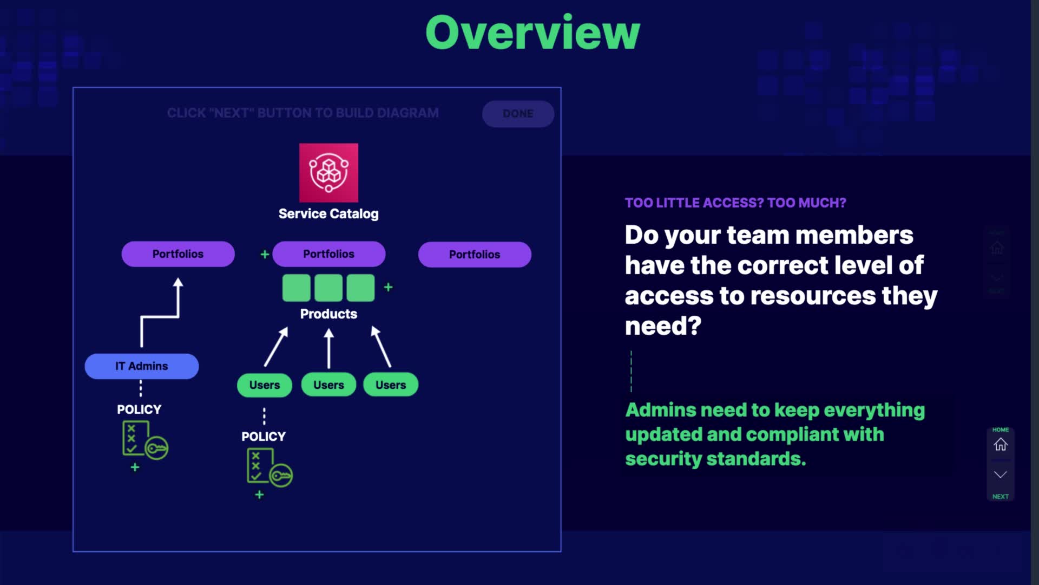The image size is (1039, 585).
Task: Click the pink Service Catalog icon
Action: [x=328, y=173]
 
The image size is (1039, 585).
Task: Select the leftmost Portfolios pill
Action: [x=178, y=254]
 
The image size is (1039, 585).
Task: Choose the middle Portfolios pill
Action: [x=328, y=254]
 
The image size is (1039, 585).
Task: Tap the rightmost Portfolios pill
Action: [x=475, y=255]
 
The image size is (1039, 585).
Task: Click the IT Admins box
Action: [x=142, y=366]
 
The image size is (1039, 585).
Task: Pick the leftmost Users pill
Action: [x=265, y=385]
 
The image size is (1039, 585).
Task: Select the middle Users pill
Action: [x=328, y=385]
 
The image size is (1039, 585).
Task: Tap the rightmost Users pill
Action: [x=391, y=385]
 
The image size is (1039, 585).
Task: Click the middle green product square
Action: [x=328, y=288]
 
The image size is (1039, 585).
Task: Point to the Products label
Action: [x=328, y=314]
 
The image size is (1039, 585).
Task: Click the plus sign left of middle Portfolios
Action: [x=265, y=254]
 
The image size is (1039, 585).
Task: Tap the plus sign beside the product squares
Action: [x=388, y=287]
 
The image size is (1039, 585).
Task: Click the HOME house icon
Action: [x=1000, y=445]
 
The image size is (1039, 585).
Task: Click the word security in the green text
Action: [x=663, y=459]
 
